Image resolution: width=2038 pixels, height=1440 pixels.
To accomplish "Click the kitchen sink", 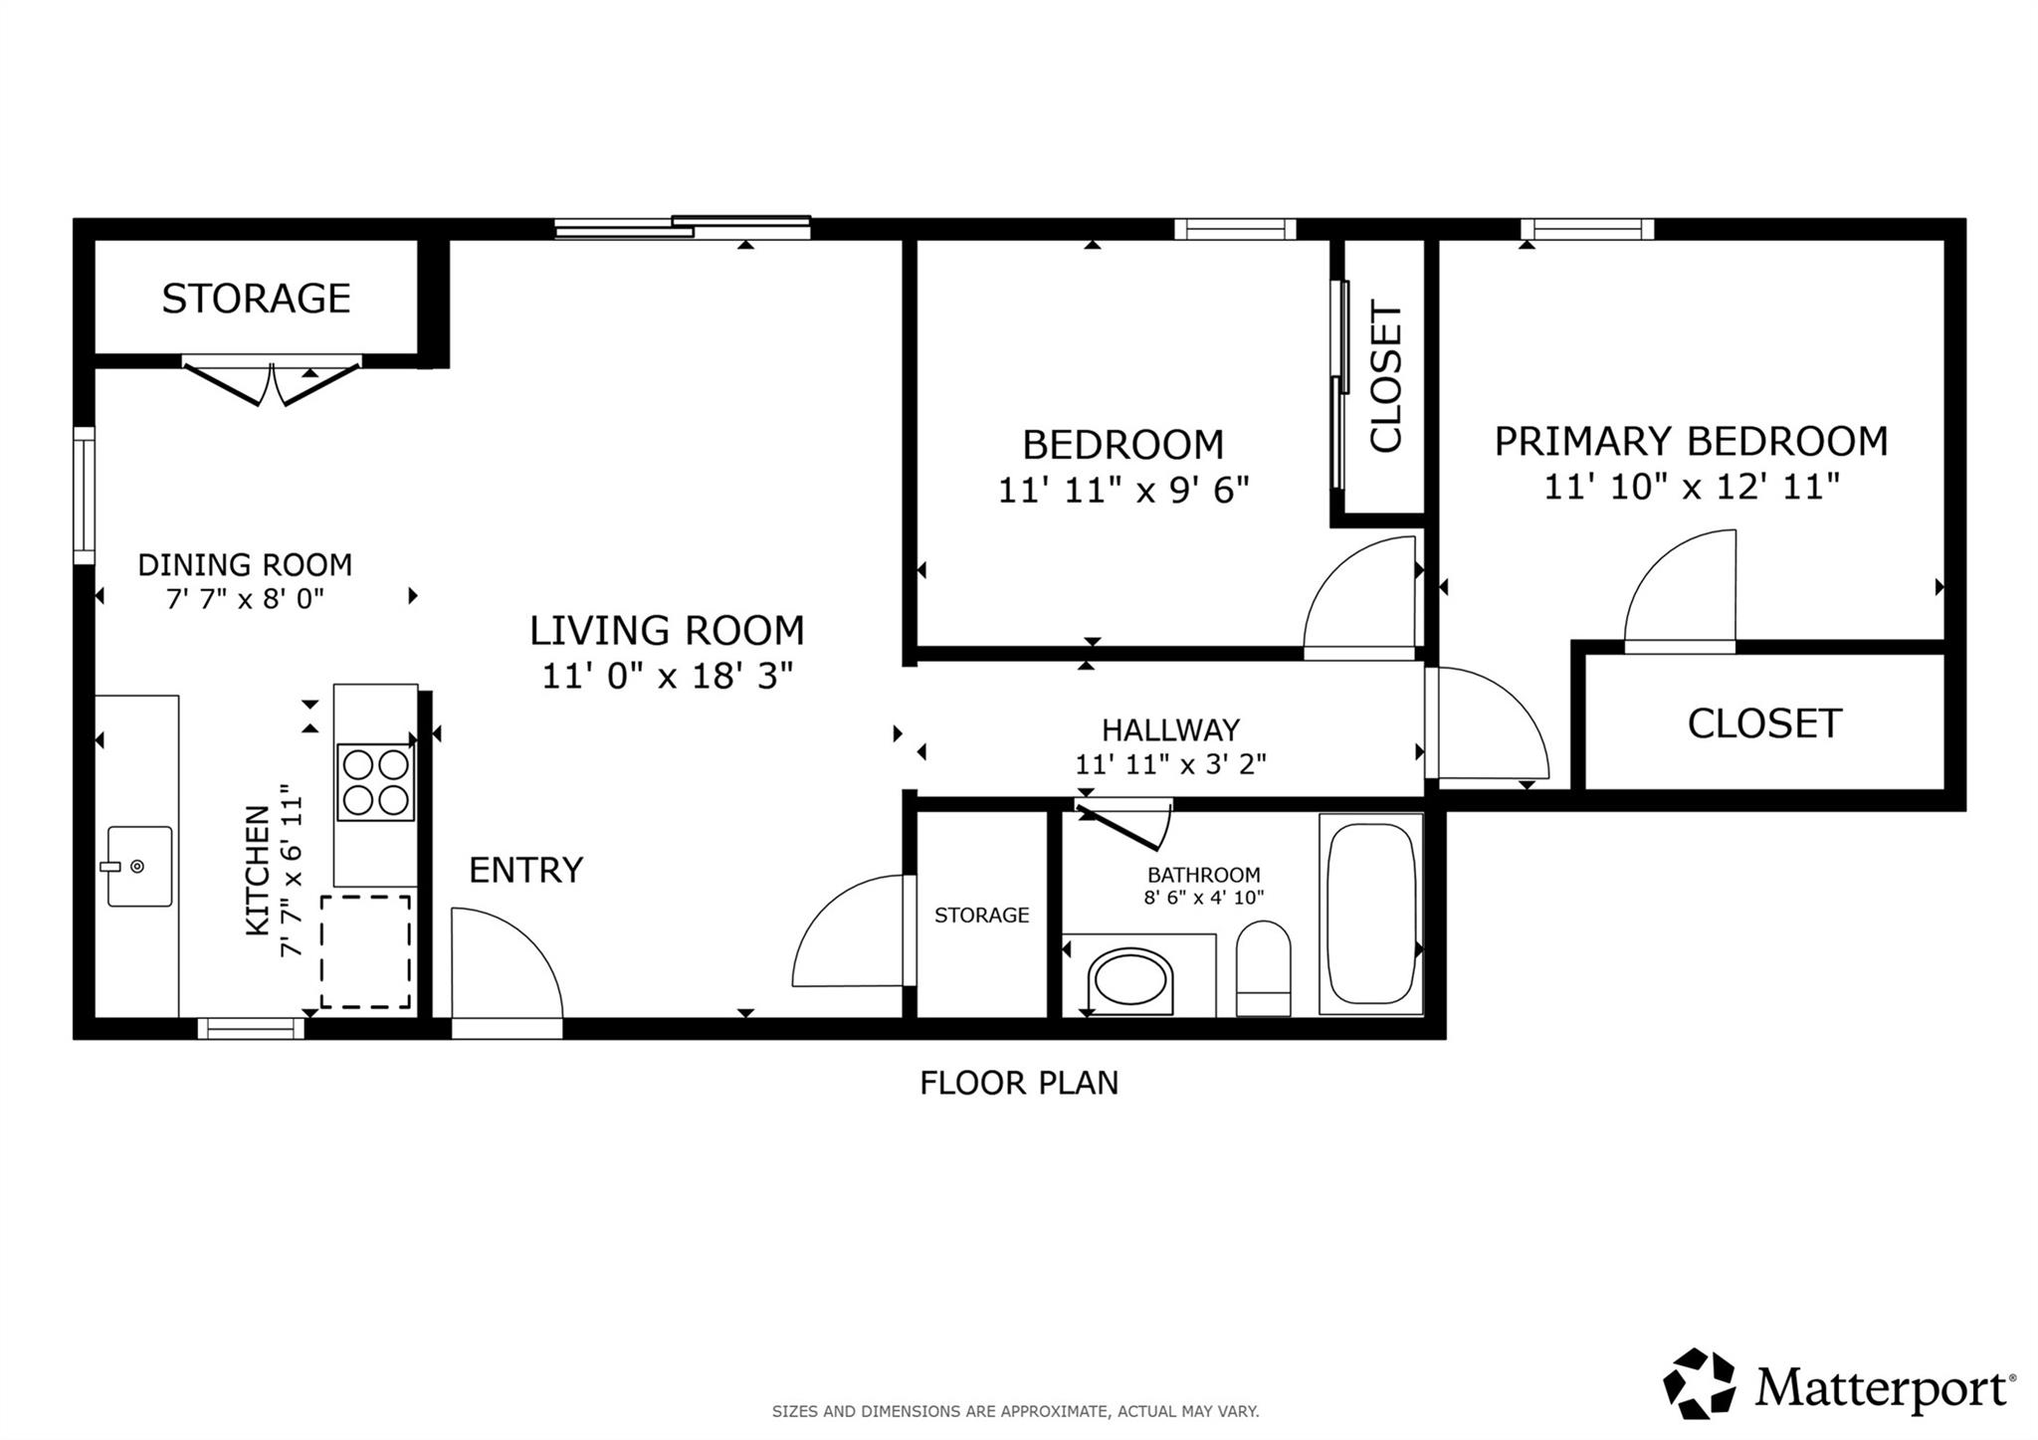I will click(x=139, y=866).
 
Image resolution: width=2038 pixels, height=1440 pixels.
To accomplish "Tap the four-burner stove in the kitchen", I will click(x=375, y=782).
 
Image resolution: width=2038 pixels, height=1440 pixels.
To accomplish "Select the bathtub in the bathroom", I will click(x=1371, y=914).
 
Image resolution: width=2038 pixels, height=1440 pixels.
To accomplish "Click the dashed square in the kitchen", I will click(x=365, y=951).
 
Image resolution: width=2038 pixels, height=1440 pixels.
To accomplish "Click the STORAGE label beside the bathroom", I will click(x=981, y=915).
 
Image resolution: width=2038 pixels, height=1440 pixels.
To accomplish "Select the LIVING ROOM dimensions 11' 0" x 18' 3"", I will click(x=667, y=677).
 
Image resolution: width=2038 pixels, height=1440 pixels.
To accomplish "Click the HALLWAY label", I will click(x=1170, y=730).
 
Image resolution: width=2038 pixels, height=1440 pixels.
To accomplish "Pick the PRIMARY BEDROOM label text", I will click(x=1691, y=441).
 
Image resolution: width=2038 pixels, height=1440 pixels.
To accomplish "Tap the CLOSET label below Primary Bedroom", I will click(x=1764, y=723).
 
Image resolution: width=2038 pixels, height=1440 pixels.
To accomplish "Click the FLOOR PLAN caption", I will click(x=1019, y=1083).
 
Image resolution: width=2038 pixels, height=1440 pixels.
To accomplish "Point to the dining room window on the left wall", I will click(x=85, y=496).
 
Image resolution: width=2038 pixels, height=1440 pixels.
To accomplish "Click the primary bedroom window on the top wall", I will click(x=1586, y=229).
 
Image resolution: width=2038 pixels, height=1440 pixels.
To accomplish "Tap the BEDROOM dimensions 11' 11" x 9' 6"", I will click(x=1123, y=490).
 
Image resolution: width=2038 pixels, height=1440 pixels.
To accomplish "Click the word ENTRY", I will click(x=525, y=870).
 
